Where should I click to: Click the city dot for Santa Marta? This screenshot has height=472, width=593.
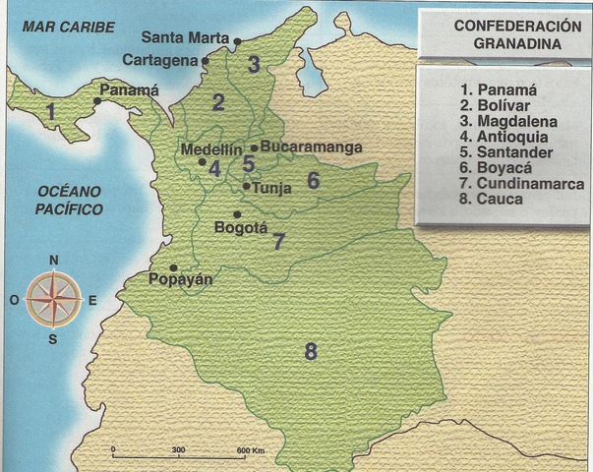coord(238,41)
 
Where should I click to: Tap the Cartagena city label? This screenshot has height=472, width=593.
coord(159,60)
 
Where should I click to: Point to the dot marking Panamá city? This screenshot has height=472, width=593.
coord(96,100)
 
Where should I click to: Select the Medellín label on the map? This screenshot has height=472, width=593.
coord(212,148)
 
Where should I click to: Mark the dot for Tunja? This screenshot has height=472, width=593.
coord(246,186)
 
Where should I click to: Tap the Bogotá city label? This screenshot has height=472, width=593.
coord(240,227)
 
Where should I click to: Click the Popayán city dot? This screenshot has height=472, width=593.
coord(173,267)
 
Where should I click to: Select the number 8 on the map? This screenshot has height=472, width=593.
coord(311,351)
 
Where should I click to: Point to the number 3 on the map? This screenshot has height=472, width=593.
coord(254,66)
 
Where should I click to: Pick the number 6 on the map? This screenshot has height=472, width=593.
coord(313,180)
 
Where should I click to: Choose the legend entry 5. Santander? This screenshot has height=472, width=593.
coord(505,152)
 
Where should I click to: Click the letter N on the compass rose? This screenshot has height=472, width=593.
coord(55,260)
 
